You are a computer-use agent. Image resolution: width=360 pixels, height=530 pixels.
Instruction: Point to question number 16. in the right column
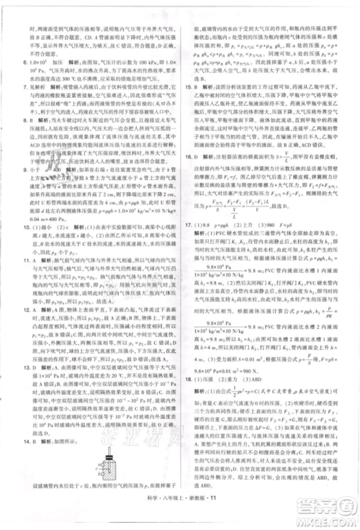coord(189,175)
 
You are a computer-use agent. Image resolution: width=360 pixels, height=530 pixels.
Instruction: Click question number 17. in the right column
coord(189,265)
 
